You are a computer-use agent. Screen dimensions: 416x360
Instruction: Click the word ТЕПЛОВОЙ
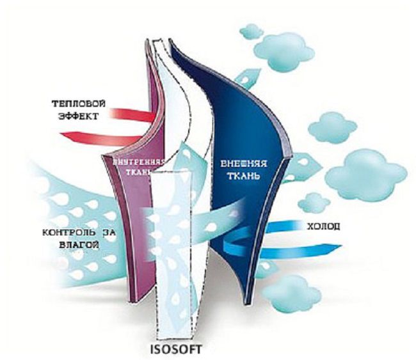tap(78, 104)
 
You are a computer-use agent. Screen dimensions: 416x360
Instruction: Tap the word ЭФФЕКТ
tap(78, 116)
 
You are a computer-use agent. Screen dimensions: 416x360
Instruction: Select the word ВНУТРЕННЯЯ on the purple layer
tap(138, 162)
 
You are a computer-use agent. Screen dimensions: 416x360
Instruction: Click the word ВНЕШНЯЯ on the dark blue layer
tap(244, 164)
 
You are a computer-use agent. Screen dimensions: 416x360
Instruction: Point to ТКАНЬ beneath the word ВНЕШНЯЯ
tap(244, 176)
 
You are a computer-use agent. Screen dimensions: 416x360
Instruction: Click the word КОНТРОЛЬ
tap(69, 233)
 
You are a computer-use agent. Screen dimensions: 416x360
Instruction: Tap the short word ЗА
tap(109, 233)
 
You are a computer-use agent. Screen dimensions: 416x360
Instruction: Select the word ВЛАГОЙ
tap(79, 244)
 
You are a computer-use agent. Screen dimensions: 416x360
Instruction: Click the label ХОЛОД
tap(323, 226)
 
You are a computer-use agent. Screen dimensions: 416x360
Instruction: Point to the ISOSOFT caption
tap(175, 349)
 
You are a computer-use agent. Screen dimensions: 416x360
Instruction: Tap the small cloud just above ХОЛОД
tap(314, 203)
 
